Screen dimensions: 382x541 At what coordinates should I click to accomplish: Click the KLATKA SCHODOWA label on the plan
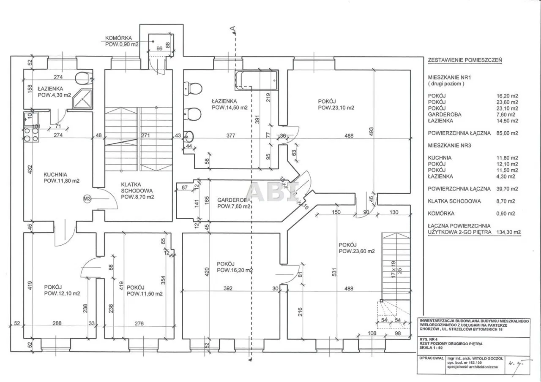coord(137,190)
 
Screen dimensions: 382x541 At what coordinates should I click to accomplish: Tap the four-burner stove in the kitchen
coord(31,135)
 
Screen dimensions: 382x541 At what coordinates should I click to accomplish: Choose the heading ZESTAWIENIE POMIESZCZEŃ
coord(465,60)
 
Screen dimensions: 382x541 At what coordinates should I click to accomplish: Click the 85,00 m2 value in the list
coord(508,133)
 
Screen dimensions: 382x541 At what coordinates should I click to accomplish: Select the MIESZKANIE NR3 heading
coord(449,145)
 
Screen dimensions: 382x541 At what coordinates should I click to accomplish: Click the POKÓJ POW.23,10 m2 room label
coord(336,104)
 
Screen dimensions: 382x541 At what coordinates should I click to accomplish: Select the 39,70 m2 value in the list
coord(508,189)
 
